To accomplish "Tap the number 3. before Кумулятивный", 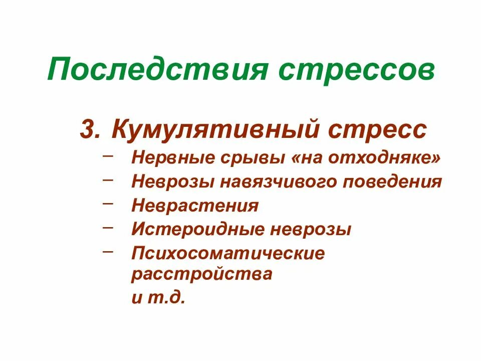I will [x=91, y=130].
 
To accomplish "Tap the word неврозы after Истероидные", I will [x=310, y=230].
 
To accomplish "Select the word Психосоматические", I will [x=228, y=253].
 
